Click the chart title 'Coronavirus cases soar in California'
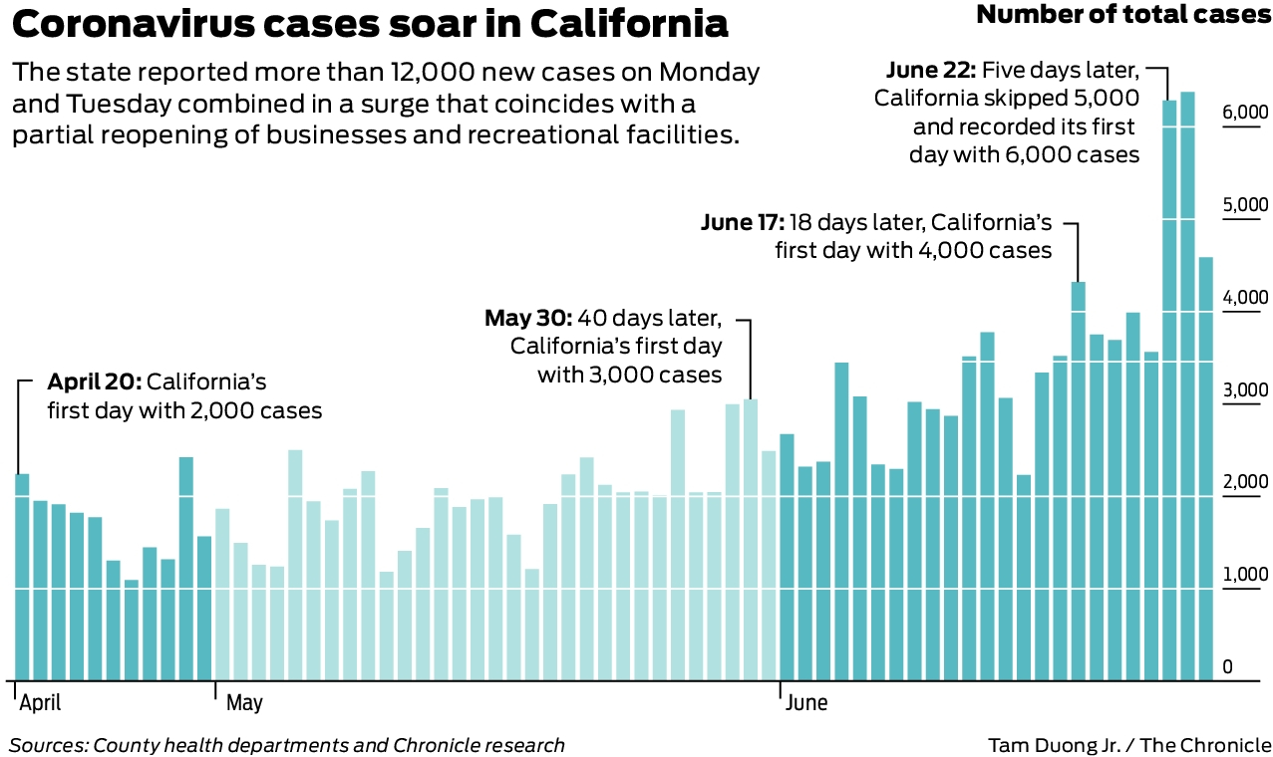click(370, 25)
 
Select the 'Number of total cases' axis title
click(1123, 15)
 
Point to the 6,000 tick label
click(1245, 113)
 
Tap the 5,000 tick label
click(1245, 205)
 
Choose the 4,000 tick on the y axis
click(1245, 298)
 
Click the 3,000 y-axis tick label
click(1245, 390)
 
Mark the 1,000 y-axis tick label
click(1245, 575)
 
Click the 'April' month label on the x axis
click(41, 703)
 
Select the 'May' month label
click(244, 703)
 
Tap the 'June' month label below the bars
click(806, 703)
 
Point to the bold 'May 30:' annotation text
click(528, 318)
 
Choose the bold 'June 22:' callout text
click(930, 71)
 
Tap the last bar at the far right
click(1205, 468)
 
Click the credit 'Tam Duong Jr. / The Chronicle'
click(1129, 745)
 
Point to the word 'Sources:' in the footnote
click(48, 745)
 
